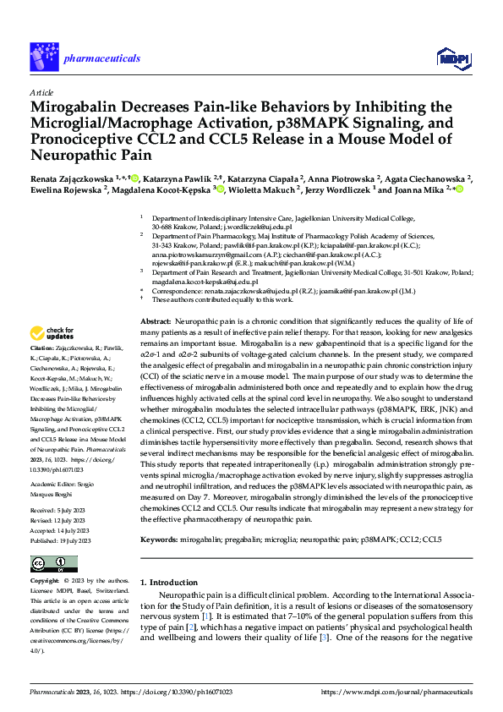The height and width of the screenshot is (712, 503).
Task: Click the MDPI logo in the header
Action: [x=451, y=58]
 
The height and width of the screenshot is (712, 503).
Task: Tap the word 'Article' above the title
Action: [x=41, y=92]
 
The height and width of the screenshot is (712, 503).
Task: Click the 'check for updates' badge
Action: [x=54, y=332]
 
